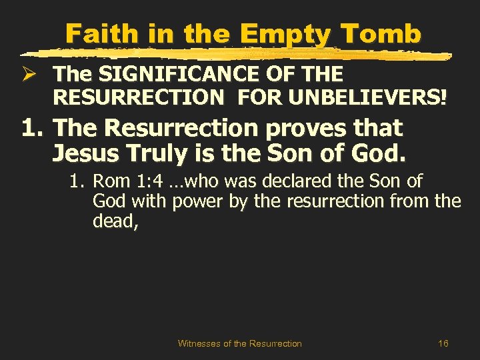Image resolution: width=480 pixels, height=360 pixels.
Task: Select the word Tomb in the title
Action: point(386,33)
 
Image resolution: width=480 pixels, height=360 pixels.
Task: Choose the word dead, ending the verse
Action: point(116,221)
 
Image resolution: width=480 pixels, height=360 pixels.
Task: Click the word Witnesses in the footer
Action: point(199,343)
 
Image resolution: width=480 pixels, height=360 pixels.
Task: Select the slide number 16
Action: point(443,343)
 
